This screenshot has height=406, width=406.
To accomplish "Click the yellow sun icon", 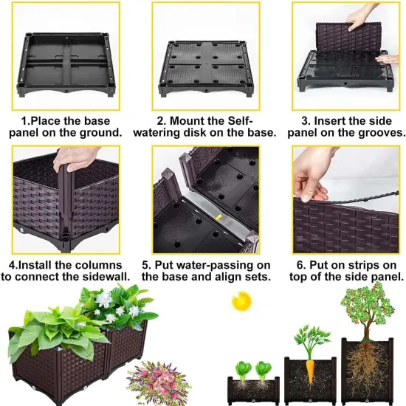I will (x=238, y=301).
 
